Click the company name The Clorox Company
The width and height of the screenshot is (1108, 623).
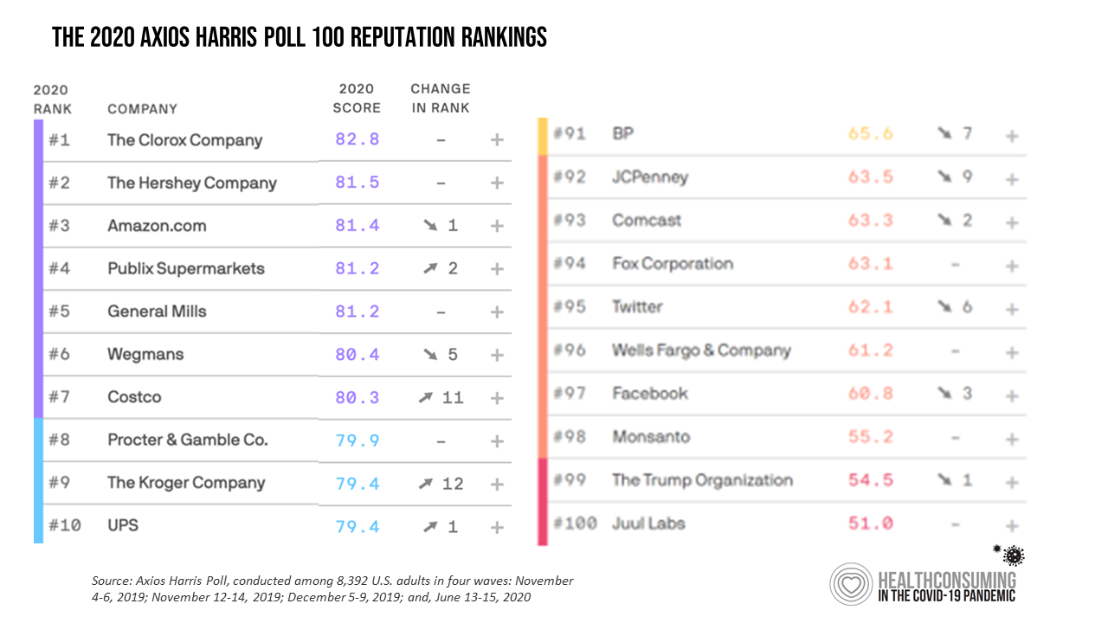(184, 140)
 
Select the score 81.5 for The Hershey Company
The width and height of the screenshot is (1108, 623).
(358, 183)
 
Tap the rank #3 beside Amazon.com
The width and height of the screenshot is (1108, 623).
(59, 226)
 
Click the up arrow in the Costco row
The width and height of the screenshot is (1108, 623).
(425, 398)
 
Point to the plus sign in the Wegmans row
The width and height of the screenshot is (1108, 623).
(497, 355)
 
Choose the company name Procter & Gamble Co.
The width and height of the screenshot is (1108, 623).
(187, 440)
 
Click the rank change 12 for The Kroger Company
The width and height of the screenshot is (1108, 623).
(453, 483)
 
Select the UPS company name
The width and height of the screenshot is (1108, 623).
(123, 525)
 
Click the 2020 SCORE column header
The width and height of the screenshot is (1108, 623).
(357, 99)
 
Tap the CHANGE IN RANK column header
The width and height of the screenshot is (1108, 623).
(441, 99)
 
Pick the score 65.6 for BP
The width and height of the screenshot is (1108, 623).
(870, 134)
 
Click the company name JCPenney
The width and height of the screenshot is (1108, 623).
(650, 177)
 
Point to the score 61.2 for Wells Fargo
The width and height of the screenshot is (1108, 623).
(870, 350)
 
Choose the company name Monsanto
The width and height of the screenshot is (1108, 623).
(651, 437)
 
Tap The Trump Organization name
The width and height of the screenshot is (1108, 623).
(702, 480)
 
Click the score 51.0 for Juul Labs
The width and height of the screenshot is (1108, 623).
(870, 523)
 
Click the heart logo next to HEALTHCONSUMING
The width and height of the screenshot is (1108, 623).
(851, 584)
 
